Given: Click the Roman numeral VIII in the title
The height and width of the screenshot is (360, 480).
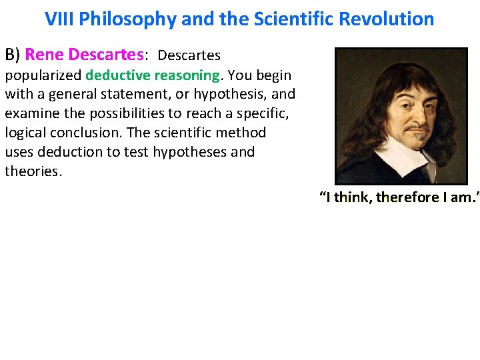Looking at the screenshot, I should (x=59, y=19).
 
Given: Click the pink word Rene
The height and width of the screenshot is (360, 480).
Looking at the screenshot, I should (x=45, y=55).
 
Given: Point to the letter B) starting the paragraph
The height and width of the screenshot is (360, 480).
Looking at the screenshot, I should (x=13, y=55).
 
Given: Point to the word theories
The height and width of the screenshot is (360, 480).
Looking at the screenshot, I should (x=33, y=171).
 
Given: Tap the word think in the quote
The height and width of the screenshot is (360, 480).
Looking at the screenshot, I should (x=353, y=197).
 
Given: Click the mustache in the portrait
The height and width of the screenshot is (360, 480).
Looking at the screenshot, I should (x=416, y=125).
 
